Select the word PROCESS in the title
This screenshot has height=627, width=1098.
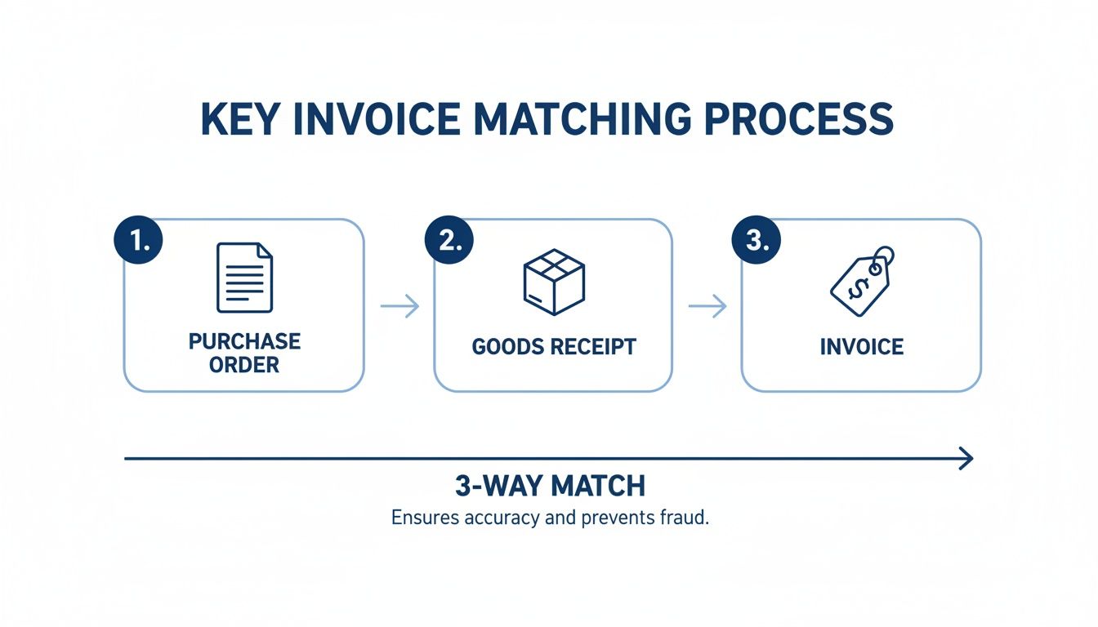798,120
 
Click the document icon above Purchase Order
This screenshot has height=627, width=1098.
244,278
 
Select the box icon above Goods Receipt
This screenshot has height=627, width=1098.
554,282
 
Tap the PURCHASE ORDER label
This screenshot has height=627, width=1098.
244,353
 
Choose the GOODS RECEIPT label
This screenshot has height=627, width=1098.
554,346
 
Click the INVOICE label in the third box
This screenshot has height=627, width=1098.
862,346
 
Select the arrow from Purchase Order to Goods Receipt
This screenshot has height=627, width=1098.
399,306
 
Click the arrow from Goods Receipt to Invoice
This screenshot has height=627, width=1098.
707,306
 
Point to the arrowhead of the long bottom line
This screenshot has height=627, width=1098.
966,459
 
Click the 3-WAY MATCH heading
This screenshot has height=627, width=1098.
550,486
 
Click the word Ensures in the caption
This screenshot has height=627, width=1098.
420,518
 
